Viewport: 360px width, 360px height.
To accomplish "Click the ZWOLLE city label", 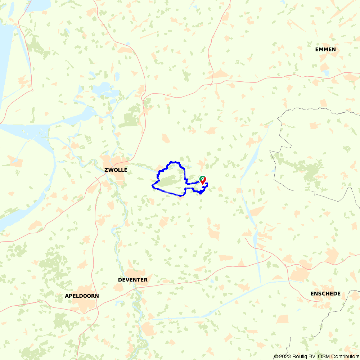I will pos(116,170).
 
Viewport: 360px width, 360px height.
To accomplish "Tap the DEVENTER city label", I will pos(132,280).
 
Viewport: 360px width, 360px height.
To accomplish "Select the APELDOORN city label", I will pos(82,296).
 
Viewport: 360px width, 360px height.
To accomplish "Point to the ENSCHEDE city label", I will pos(325,294).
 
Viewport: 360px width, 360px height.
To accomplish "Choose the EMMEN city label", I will pos(325,49).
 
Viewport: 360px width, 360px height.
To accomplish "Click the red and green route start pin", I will pos(203,180).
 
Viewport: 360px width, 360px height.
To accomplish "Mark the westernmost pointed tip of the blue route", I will pos(152,186).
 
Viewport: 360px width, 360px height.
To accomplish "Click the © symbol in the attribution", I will pos(276,356).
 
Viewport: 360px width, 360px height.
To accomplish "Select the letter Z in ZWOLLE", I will pos(106,170).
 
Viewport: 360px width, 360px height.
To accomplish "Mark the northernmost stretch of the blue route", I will pos(174,162).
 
